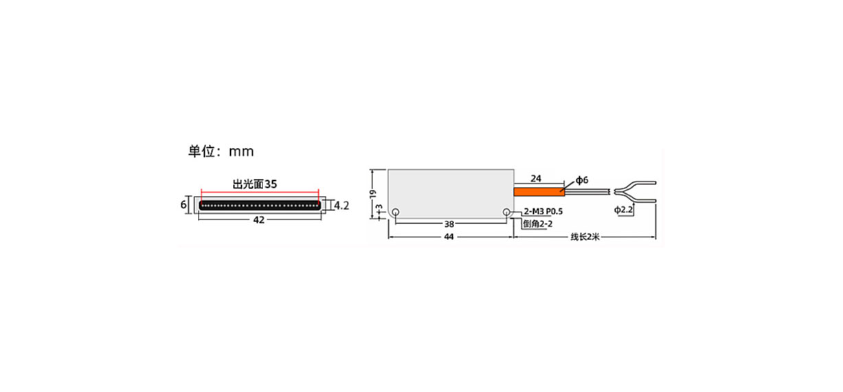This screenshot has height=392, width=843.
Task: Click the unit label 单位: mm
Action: (x=221, y=151)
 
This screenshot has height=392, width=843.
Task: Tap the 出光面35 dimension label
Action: (x=255, y=184)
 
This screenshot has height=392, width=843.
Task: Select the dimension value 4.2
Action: (x=341, y=206)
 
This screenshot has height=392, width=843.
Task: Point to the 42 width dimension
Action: (x=259, y=220)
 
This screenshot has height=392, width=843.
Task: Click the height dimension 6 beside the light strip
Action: (x=183, y=204)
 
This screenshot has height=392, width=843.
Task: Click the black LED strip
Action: (x=260, y=205)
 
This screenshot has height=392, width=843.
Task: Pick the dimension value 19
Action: (x=372, y=193)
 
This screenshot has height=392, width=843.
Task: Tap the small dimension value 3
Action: (x=379, y=208)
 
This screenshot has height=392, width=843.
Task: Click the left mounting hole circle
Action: (x=396, y=213)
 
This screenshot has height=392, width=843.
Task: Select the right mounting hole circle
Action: (x=506, y=213)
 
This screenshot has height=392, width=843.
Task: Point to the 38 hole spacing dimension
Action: (x=449, y=224)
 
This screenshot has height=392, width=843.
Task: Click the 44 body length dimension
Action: (x=449, y=237)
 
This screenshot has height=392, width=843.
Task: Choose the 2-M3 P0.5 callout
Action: (x=543, y=212)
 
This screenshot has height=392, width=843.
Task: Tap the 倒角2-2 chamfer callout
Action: (x=537, y=224)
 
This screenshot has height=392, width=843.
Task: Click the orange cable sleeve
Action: (x=539, y=192)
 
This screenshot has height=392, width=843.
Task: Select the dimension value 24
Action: (x=536, y=179)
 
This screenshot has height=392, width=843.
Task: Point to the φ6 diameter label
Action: (x=582, y=180)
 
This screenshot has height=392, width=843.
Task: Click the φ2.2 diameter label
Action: (x=623, y=210)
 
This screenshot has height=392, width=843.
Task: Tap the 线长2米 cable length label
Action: (x=585, y=237)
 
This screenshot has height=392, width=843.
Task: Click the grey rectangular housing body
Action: (x=451, y=193)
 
